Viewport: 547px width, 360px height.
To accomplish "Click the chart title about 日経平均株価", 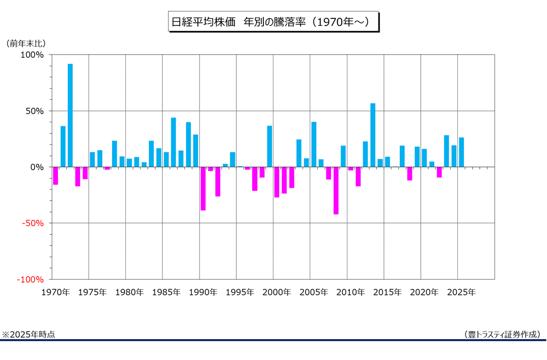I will [x=273, y=23].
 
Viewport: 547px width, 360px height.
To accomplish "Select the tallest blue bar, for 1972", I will [x=70, y=115].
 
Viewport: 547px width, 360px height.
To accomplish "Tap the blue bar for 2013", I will [x=373, y=135].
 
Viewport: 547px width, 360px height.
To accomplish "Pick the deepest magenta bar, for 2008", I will [x=336, y=190].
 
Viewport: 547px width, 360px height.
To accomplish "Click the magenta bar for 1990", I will [x=203, y=188].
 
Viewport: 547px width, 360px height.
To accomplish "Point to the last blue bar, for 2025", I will [x=461, y=152].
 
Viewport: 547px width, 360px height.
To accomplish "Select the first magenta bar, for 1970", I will [x=56, y=176].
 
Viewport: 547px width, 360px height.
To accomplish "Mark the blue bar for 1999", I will [x=269, y=146].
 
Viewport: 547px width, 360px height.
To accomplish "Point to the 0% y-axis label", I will [x=38, y=167].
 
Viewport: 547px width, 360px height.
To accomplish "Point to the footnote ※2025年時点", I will [x=29, y=335].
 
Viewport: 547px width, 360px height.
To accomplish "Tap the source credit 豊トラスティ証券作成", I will [x=502, y=335].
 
